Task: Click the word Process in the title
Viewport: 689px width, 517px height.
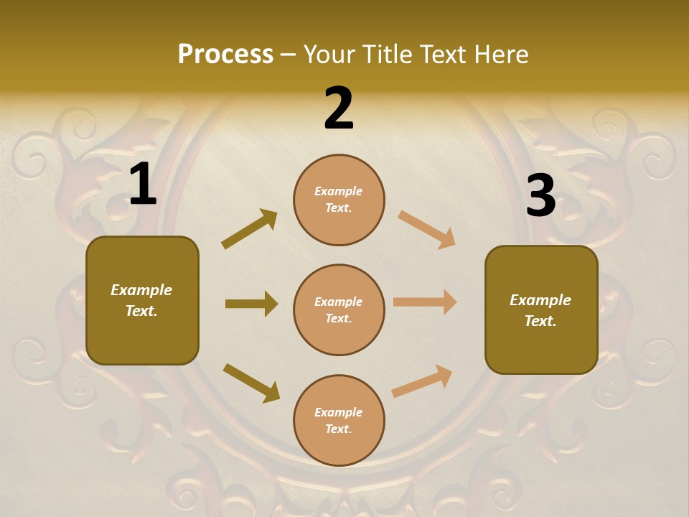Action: click(x=225, y=55)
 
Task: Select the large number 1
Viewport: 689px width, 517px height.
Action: click(x=143, y=185)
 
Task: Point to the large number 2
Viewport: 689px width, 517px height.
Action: click(x=339, y=109)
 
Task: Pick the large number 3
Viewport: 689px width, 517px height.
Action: click(x=540, y=196)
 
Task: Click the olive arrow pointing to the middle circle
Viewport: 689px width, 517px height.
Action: click(x=251, y=304)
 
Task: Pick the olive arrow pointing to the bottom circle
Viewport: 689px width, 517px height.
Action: click(x=251, y=382)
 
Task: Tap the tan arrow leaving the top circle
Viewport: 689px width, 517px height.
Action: click(x=426, y=229)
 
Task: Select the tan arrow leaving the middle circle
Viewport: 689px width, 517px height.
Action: click(x=425, y=302)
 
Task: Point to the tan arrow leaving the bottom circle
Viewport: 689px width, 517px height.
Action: click(x=422, y=381)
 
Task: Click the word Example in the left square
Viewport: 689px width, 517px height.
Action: click(x=141, y=290)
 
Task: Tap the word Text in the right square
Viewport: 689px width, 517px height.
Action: click(x=540, y=321)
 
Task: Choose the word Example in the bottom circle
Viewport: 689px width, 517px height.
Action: click(x=339, y=412)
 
